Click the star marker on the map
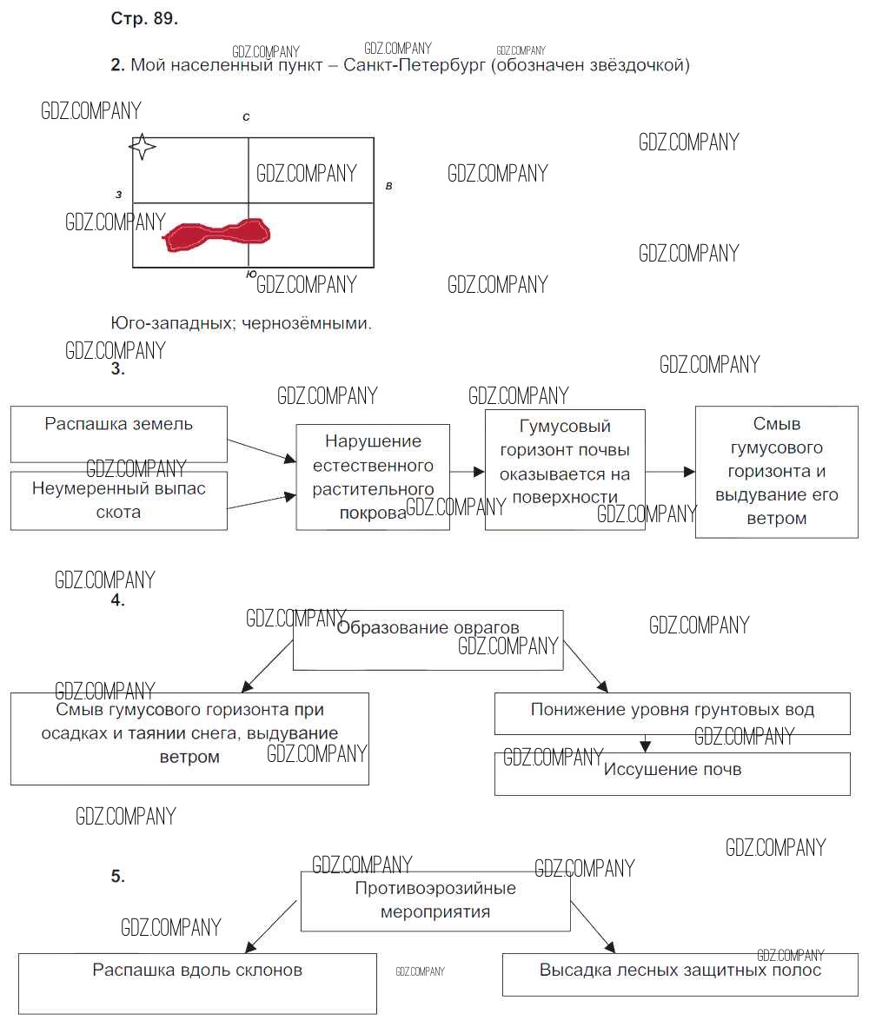pos(143,147)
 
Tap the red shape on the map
pos(217,235)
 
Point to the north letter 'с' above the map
pos(247,116)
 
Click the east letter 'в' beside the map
pos(388,186)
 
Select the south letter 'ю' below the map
pos(250,274)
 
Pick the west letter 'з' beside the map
pos(118,194)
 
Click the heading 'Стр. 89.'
pos(144,19)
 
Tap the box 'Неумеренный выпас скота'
pos(119,500)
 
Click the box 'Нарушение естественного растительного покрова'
pos(373,477)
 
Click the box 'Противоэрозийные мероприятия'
pos(435,901)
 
